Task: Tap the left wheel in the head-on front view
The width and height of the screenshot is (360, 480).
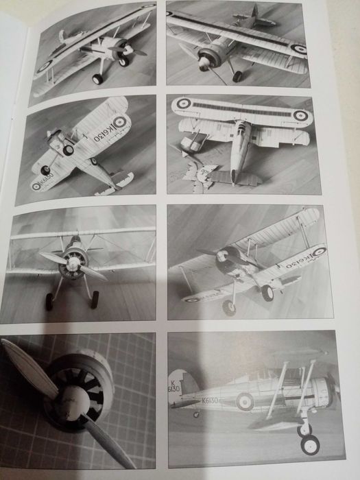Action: click(x=49, y=300)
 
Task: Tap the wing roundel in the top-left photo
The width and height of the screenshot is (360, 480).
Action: click(x=44, y=67)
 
